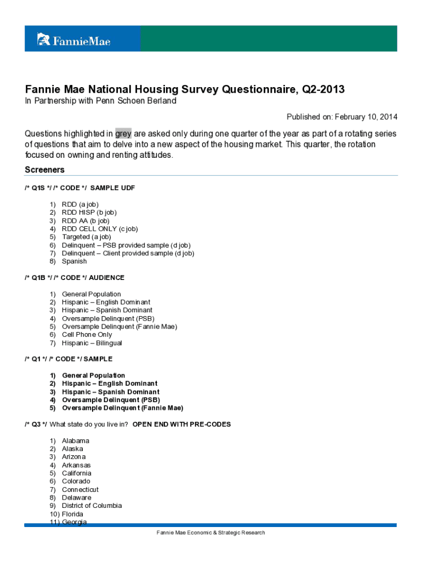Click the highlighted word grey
[123, 133]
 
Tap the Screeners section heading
[44, 170]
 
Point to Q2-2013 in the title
[324, 89]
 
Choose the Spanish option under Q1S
[74, 261]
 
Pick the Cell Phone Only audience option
[87, 335]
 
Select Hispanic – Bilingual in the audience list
[92, 343]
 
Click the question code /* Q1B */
[38, 278]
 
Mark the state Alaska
[72, 449]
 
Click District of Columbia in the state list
[92, 506]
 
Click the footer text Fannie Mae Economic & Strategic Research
[210, 533]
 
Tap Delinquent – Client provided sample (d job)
[128, 253]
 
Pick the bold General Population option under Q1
[93, 375]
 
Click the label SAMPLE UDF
[112, 188]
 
